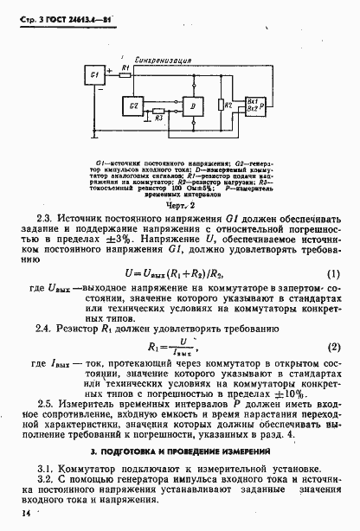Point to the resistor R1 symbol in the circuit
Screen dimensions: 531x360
126,74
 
